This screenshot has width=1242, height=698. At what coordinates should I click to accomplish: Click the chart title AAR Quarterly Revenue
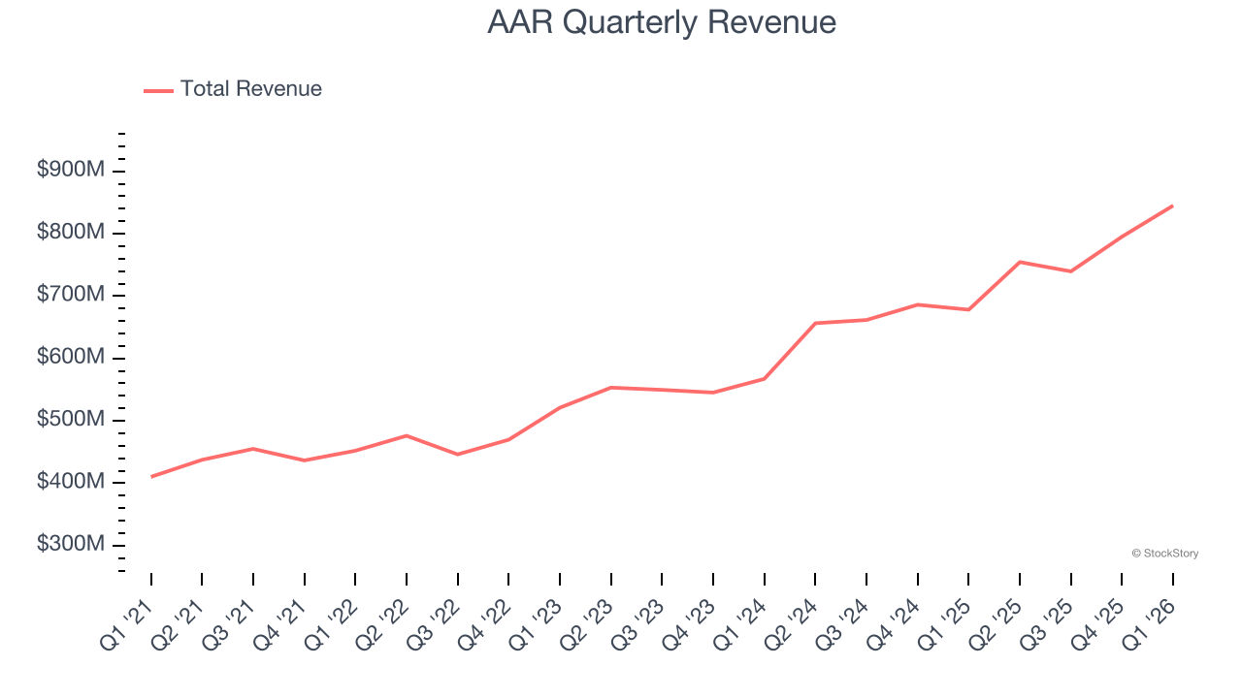(661, 21)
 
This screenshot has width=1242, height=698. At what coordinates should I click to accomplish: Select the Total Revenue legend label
(250, 89)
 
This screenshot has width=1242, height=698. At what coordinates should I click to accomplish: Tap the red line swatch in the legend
(158, 90)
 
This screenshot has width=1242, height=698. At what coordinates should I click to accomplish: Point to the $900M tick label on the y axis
(70, 171)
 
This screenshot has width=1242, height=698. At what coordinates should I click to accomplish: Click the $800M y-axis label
(70, 233)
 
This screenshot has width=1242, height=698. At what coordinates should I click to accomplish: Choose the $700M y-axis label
(70, 296)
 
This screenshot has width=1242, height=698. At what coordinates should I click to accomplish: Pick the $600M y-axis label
(70, 358)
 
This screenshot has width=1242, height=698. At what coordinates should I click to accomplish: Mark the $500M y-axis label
(70, 420)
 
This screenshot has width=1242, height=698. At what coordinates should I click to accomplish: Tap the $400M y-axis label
(70, 483)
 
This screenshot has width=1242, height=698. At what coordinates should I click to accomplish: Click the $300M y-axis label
(70, 545)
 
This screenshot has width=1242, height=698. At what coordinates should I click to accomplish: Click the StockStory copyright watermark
(1164, 554)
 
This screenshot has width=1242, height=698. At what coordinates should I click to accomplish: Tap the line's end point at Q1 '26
(1172, 206)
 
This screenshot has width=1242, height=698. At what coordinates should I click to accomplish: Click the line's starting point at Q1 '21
(151, 477)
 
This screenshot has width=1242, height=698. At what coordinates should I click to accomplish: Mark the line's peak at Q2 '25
(1020, 262)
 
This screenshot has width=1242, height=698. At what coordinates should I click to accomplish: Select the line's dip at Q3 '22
(458, 455)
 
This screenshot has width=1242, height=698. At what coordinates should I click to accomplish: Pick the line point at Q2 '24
(815, 323)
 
